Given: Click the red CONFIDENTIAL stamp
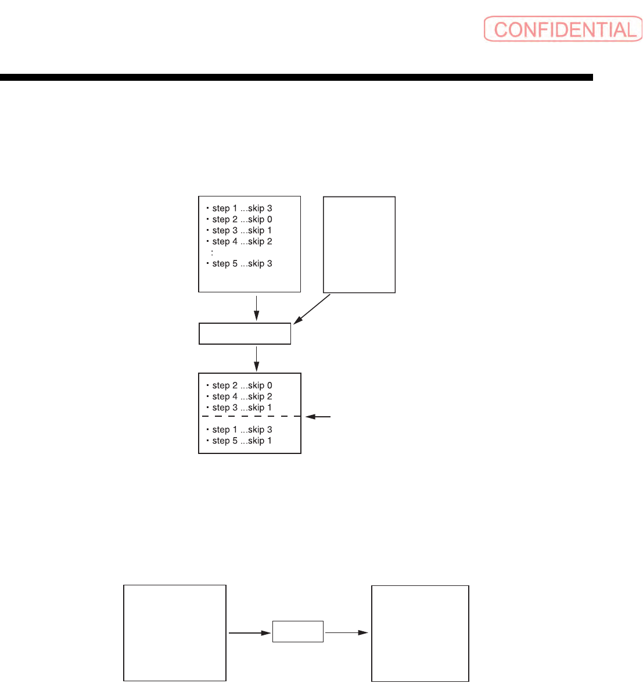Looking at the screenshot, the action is pyautogui.click(x=562, y=30).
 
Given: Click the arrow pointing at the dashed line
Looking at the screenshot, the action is pyautogui.click(x=318, y=417).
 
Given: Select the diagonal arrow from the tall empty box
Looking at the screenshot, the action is pyautogui.click(x=312, y=309).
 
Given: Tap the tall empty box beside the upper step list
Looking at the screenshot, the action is pyautogui.click(x=359, y=245).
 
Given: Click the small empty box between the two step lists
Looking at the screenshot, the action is pyautogui.click(x=245, y=334).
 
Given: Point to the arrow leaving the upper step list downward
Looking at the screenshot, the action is pyautogui.click(x=256, y=308).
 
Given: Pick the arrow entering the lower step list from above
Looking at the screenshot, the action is pyautogui.click(x=256, y=359).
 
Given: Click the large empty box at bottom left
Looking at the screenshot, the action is pyautogui.click(x=175, y=632).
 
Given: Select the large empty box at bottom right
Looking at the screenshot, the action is pyautogui.click(x=420, y=632).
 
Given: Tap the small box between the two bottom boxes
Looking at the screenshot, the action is pyautogui.click(x=297, y=632).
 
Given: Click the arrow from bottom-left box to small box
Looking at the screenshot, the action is pyautogui.click(x=250, y=632).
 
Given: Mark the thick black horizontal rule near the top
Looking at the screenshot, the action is pyautogui.click(x=296, y=77).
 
